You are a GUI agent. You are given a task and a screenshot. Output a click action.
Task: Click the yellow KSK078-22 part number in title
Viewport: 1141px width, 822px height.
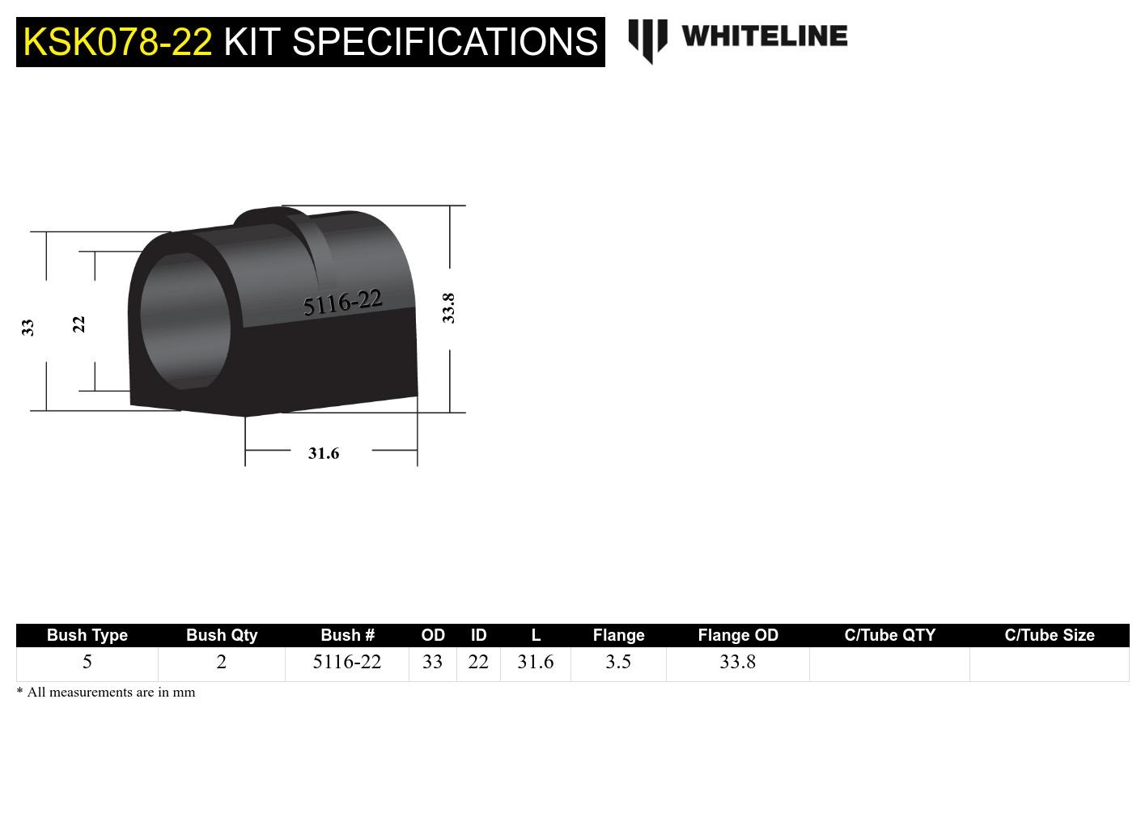point(117,41)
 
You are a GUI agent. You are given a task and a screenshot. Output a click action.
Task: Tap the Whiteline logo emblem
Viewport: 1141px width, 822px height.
point(647,40)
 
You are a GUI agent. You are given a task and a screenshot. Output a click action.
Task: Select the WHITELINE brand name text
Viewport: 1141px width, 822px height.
point(764,36)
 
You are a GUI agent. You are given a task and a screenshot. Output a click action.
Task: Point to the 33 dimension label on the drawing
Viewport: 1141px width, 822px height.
point(28,327)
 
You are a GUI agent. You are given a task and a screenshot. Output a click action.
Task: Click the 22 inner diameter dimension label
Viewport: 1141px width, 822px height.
point(78,324)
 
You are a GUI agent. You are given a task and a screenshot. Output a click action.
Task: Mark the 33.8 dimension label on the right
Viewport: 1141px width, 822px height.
point(448,308)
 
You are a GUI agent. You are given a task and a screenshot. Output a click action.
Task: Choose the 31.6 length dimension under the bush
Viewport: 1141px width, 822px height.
point(324,453)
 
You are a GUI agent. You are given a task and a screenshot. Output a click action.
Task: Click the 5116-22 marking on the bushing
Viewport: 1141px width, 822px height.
point(342,303)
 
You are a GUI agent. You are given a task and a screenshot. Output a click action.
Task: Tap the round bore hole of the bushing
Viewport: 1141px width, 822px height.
point(185,321)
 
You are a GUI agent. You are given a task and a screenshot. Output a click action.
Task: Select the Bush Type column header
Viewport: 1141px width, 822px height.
point(87,635)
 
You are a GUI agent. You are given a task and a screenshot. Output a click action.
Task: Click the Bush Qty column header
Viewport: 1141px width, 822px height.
point(222,635)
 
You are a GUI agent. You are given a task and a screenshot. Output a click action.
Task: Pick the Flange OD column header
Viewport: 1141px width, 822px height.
point(737,635)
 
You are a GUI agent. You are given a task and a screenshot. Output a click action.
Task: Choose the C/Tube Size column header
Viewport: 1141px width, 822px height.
point(1049,635)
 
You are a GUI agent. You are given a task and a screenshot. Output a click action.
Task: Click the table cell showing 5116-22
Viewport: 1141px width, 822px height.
point(346,662)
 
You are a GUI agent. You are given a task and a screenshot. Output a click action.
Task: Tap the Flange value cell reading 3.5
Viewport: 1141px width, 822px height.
point(618,662)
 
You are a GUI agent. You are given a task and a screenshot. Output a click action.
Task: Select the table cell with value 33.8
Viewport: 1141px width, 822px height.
point(737,662)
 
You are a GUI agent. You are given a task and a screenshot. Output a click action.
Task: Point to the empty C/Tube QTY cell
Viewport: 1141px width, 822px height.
point(889,663)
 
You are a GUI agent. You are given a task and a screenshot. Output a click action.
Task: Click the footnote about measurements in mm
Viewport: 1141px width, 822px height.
point(106,692)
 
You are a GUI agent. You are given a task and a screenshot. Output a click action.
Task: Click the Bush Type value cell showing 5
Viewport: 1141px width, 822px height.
point(87,662)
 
